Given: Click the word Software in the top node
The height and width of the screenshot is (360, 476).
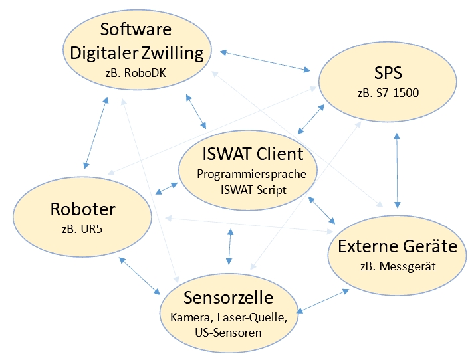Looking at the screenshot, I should point(136,29).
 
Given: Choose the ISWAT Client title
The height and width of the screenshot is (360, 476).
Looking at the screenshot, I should point(252,155).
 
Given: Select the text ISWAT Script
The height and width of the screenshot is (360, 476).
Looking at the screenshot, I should point(252,190).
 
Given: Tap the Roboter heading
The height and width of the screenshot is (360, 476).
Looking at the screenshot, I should point(82,209).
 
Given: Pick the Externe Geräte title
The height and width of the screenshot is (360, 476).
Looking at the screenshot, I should point(398,246).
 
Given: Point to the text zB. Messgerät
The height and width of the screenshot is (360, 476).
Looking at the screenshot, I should point(398,267).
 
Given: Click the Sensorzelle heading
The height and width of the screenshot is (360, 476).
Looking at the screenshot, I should point(228,296).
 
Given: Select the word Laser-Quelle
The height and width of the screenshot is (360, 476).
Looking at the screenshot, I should point(256,317).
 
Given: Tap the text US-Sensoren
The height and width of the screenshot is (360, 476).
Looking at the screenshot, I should point(228,332).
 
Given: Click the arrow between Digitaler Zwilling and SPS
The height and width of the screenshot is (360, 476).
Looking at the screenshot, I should point(266,59).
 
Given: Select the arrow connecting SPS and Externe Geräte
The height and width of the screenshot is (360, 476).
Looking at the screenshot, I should point(398,169).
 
